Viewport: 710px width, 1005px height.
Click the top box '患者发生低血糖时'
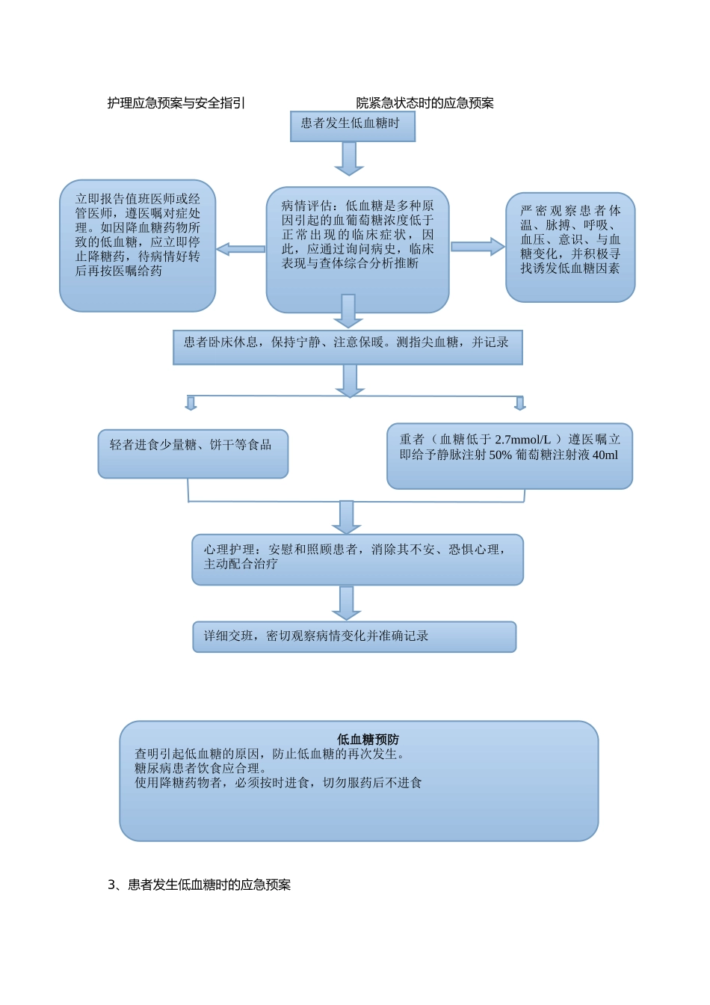click(352, 126)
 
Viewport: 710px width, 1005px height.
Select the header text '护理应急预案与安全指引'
click(176, 103)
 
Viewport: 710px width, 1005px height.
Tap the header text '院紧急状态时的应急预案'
click(425, 103)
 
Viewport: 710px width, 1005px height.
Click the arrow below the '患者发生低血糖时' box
click(348, 158)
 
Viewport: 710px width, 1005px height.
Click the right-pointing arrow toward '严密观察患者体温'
click(478, 247)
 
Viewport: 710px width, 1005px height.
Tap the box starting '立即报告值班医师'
click(138, 245)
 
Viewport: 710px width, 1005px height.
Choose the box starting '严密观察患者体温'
click(570, 247)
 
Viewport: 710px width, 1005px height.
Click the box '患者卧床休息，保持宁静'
click(348, 347)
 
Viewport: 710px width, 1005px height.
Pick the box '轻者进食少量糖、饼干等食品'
click(193, 453)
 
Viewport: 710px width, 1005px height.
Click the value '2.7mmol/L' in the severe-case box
click(522, 440)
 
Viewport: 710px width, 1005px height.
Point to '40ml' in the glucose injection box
click(605, 455)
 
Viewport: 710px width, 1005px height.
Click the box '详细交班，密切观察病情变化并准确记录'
click(354, 636)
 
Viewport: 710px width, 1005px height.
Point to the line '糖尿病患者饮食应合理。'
click(200, 768)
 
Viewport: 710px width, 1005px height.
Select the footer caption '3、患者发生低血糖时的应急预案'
click(200, 885)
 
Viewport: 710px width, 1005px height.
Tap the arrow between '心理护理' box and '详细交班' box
click(346, 603)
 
